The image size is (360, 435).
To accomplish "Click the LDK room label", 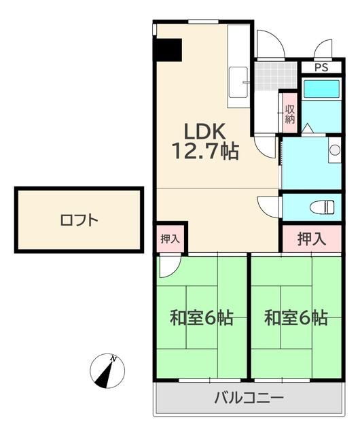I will pos(198,130).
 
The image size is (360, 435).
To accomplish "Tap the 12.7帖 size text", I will pos(204,151).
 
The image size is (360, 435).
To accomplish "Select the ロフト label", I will pos(79,220).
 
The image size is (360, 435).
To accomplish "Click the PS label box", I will pos(321,67).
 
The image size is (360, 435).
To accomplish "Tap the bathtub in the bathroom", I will pos(321,89).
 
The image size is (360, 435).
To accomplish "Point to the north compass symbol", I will pos(107,372).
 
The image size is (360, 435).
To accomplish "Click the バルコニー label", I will pos(249,398).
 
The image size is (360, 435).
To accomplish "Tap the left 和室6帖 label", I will pos(202,317).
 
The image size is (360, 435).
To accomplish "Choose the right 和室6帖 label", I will pos(296,317).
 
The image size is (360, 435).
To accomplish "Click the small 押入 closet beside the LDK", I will pos(170,239).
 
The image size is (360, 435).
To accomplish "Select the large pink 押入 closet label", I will pos(312,239).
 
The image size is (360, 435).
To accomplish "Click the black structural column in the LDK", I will pos(168,50).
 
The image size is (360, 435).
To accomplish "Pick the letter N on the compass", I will pos(115,358).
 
